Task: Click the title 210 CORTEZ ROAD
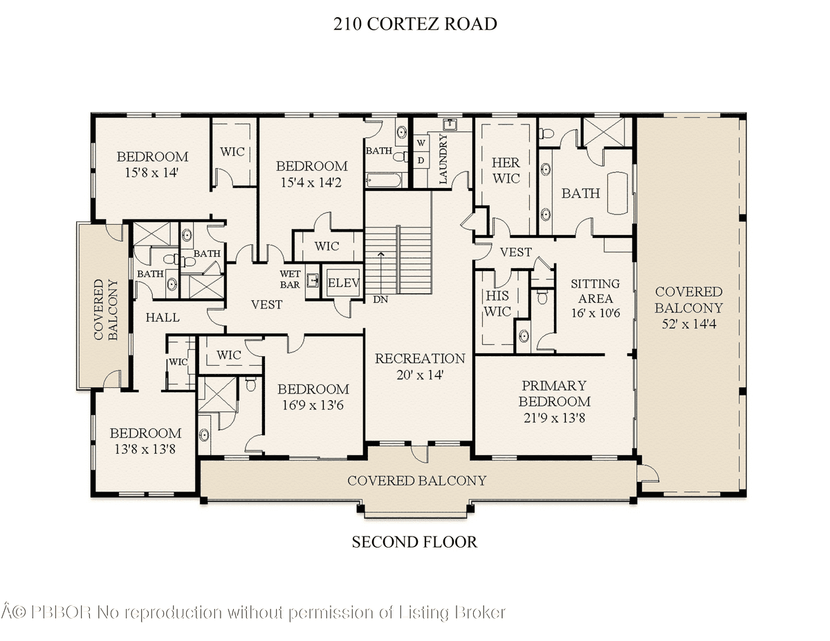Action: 415,24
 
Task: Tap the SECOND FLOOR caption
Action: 414,542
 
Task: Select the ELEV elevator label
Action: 343,283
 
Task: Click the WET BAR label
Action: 290,279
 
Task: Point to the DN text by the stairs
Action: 380,299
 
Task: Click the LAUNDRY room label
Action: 443,159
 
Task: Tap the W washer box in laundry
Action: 421,142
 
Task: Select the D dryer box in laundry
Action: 421,160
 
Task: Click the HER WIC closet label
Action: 506,171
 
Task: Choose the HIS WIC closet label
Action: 497,304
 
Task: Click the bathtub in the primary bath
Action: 617,193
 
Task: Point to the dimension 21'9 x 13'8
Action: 554,418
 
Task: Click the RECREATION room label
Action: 420,358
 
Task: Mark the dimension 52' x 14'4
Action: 689,324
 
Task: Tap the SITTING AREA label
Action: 595,291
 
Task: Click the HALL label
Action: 163,317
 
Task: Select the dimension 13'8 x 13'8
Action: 145,449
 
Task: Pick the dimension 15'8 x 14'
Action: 151,173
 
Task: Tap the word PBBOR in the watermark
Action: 61,613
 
